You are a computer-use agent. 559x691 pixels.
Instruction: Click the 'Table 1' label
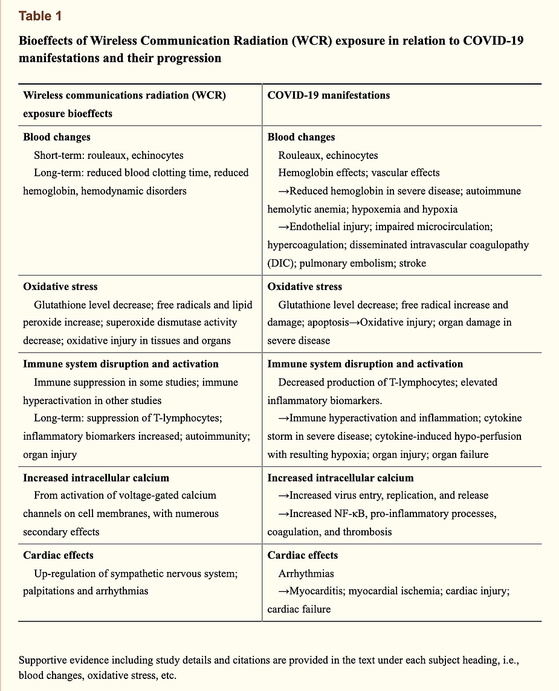(x=39, y=16)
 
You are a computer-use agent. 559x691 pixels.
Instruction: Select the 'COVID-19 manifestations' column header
(x=328, y=95)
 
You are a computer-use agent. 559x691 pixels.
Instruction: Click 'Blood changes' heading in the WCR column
(x=57, y=137)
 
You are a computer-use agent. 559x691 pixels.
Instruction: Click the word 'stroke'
(x=412, y=263)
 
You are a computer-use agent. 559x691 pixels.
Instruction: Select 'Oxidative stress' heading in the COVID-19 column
(x=305, y=286)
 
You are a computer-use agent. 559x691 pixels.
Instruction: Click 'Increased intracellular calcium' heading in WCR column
(x=96, y=478)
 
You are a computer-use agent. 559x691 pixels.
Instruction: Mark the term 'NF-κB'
(x=358, y=513)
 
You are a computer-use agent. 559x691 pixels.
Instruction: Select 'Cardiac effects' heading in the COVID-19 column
(x=303, y=555)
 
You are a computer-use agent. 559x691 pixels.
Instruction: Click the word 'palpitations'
(x=51, y=591)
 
